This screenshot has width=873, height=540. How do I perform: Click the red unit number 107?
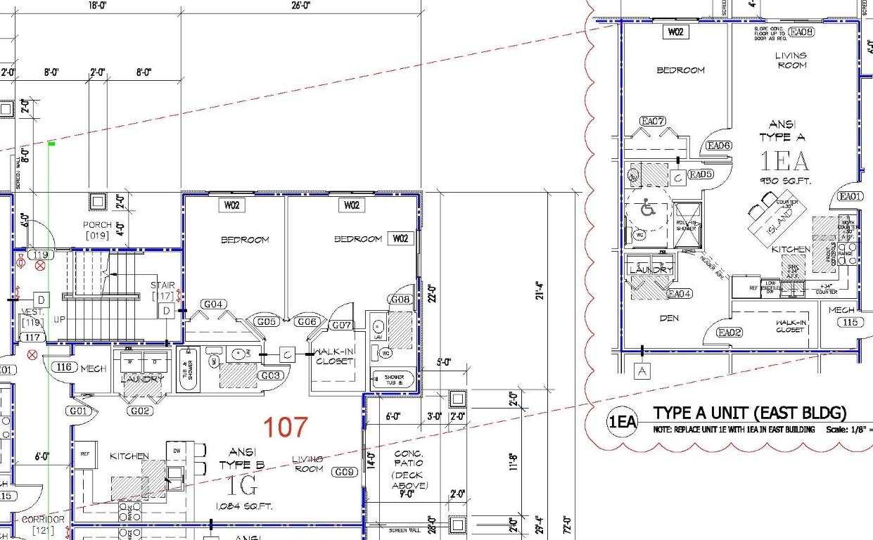tap(286, 427)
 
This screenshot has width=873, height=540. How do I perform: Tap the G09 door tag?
tap(345, 472)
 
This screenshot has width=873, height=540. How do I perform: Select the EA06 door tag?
tap(719, 146)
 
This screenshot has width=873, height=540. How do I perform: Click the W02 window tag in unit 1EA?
tap(675, 32)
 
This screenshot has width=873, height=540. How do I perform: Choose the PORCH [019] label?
tap(97, 230)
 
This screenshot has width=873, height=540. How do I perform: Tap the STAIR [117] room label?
tap(163, 290)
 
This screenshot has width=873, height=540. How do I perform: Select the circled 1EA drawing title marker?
tap(623, 423)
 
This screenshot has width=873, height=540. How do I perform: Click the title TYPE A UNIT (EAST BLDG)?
tap(749, 413)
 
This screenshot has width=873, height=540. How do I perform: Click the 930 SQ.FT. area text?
tap(784, 181)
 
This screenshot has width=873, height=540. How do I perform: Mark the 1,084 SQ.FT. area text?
tap(244, 506)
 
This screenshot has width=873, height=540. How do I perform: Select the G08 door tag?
tap(400, 300)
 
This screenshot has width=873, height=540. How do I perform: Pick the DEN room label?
tap(669, 319)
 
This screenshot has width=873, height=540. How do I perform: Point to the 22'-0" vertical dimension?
tap(432, 292)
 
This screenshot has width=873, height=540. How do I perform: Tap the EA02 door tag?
tap(730, 333)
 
